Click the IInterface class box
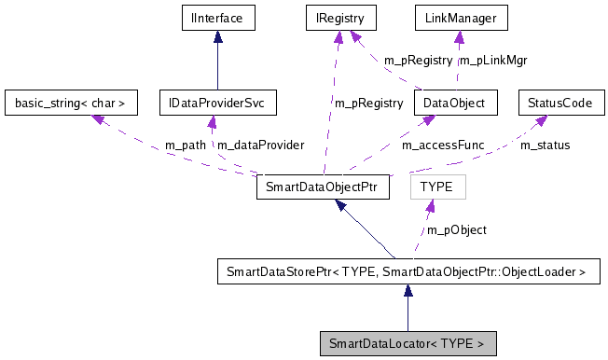pos(217,17)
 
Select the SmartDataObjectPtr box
pos(322,187)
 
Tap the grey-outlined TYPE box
pos(436,187)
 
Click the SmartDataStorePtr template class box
pos(408,272)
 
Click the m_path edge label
pos(185,145)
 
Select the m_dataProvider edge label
pos(260,145)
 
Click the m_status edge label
pos(545,145)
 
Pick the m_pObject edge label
pos(457,229)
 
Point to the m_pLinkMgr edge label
pos(495,61)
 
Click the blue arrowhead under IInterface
pos(217,36)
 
